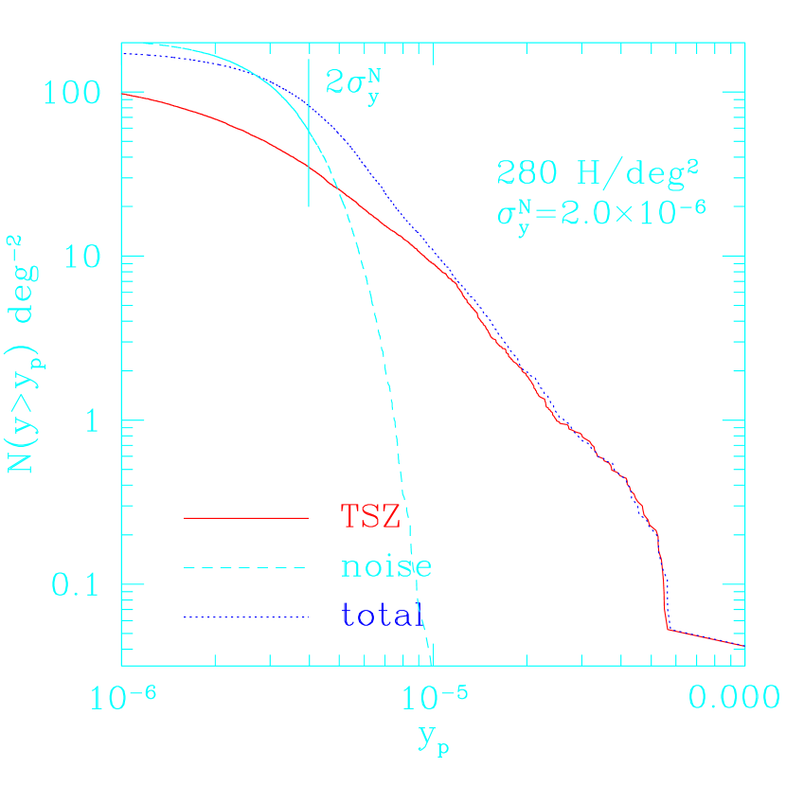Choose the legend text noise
pyautogui.click(x=386, y=566)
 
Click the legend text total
pyautogui.click(x=381, y=616)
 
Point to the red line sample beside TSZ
pyautogui.click(x=246, y=518)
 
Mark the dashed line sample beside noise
pyautogui.click(x=246, y=568)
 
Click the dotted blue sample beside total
pyautogui.click(x=246, y=617)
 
